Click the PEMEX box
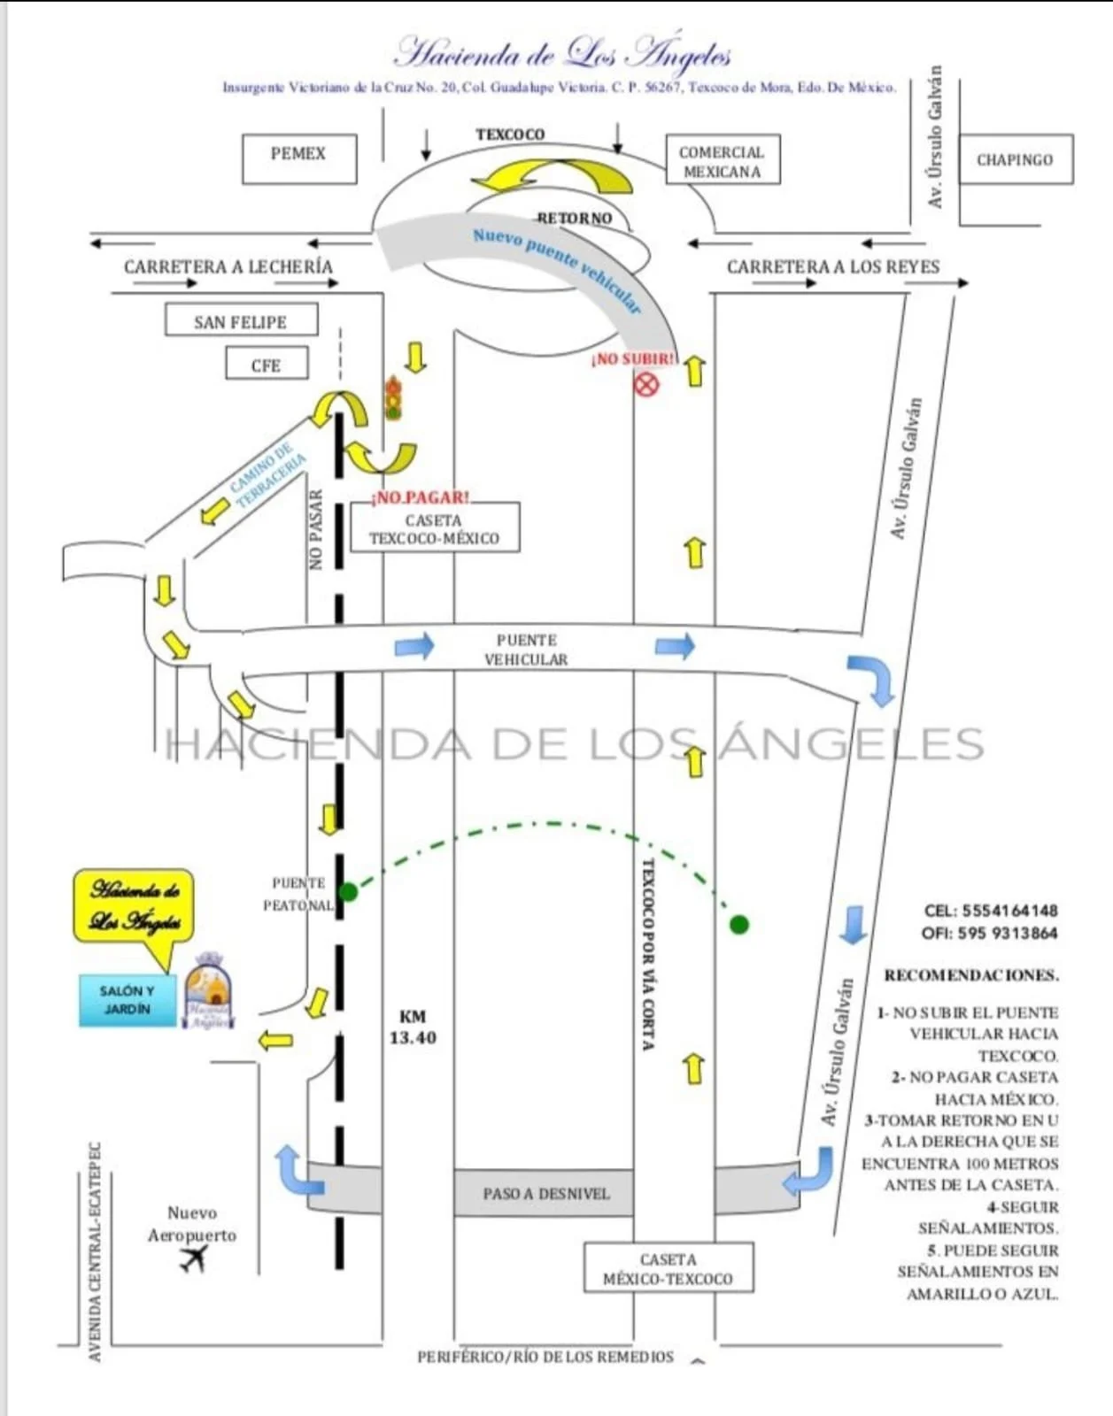click(299, 158)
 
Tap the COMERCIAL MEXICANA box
click(722, 160)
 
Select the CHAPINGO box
click(1015, 159)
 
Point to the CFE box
click(266, 365)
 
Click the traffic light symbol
click(393, 397)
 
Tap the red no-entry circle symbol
click(647, 384)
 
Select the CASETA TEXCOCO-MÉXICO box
click(434, 528)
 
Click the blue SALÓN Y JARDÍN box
click(127, 1000)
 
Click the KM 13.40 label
click(413, 1027)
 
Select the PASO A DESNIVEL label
click(545, 1193)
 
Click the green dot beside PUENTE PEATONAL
click(349, 891)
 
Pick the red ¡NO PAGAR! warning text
click(421, 497)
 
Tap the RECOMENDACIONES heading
click(971, 975)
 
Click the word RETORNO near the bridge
click(574, 218)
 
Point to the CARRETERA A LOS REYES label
click(832, 266)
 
